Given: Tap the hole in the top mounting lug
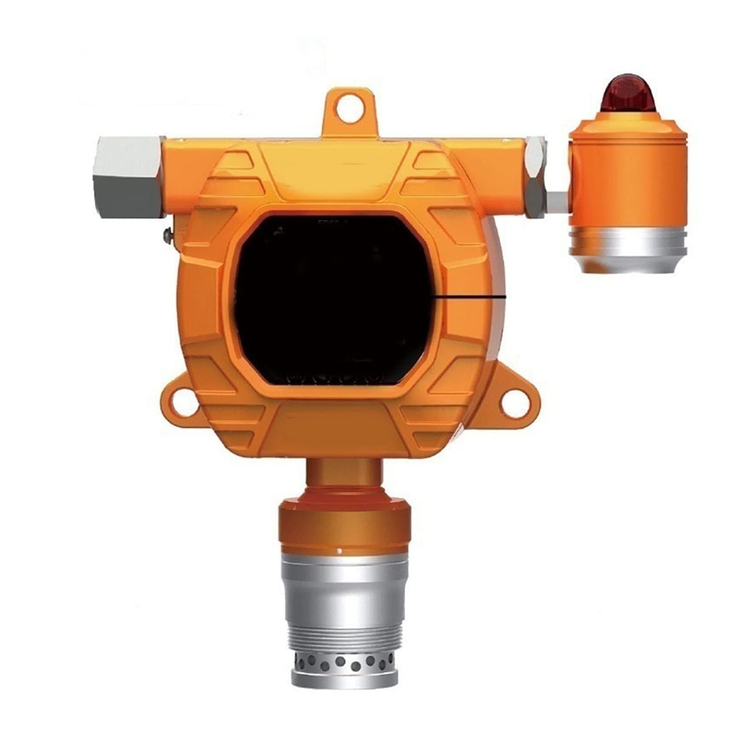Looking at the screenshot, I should coord(349,109).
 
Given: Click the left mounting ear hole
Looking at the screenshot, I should coord(183,399).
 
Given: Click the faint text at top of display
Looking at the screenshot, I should coord(328,222).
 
